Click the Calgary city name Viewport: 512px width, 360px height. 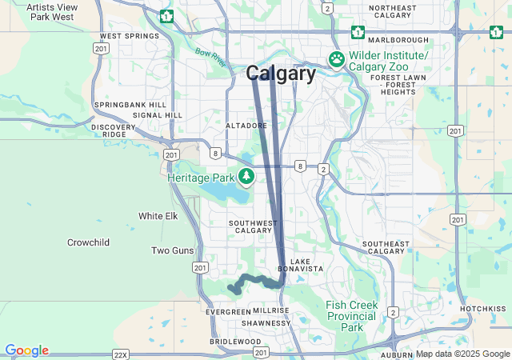point(281,74)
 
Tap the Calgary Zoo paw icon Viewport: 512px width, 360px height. point(337,59)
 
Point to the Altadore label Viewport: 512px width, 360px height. point(246,126)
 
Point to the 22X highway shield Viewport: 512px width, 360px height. point(121,353)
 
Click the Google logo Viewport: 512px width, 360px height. point(26,350)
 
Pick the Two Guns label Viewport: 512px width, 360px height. point(172,250)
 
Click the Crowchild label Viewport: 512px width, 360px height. point(88,242)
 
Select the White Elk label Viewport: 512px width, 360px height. point(158,216)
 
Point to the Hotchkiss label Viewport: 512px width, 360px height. point(483,308)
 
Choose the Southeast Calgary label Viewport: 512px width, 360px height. point(386,247)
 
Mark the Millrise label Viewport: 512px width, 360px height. point(270,310)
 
